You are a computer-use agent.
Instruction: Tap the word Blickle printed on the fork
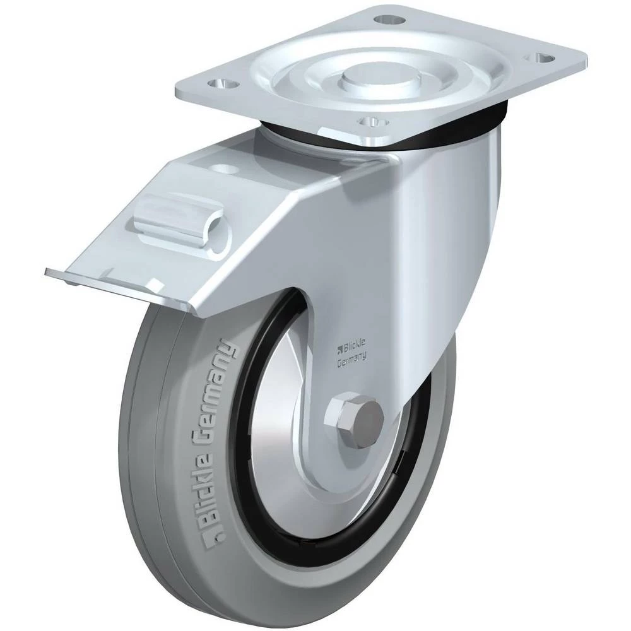[354, 344]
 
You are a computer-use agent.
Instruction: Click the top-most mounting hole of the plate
[387, 18]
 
